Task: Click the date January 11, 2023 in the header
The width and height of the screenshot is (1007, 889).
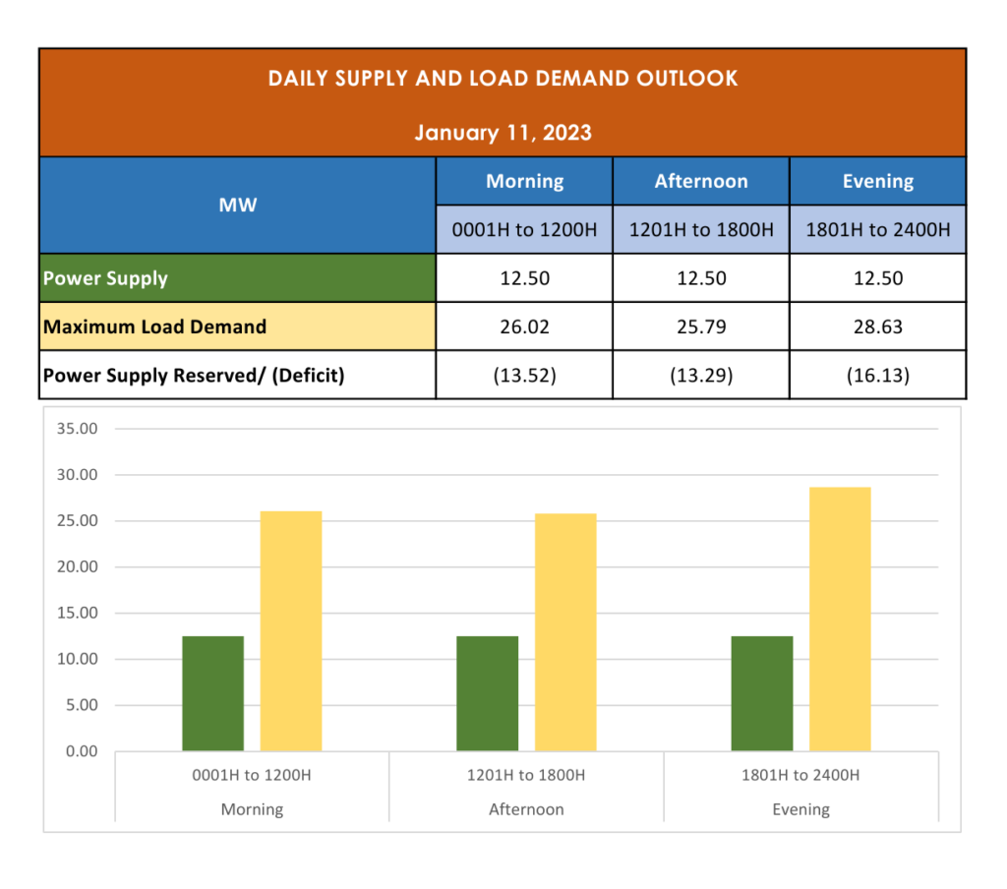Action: click(503, 132)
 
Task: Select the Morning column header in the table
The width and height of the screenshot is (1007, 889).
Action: click(524, 181)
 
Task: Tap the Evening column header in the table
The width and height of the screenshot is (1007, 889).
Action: click(877, 181)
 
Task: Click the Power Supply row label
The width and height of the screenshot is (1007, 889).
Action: click(105, 278)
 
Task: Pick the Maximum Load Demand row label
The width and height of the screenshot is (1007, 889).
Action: click(154, 326)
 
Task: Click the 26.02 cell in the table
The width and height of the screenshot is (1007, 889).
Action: click(524, 326)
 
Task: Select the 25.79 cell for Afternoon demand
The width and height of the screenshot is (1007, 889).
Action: click(701, 326)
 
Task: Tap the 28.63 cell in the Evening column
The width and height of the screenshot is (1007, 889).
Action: click(877, 326)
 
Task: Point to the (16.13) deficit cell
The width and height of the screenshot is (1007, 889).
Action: click(877, 375)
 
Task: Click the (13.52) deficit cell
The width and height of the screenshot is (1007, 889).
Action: click(524, 375)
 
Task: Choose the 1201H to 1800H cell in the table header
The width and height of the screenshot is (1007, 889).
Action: click(701, 230)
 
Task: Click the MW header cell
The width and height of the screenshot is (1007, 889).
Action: click(238, 206)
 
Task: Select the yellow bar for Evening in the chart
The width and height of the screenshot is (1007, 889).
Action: click(840, 620)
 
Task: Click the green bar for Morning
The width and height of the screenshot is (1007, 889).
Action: click(212, 693)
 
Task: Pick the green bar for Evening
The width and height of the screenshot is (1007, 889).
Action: click(762, 693)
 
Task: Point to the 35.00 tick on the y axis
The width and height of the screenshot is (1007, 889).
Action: click(78, 429)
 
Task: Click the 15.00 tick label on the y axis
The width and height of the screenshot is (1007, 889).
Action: click(78, 613)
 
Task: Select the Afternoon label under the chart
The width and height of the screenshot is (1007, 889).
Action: click(526, 809)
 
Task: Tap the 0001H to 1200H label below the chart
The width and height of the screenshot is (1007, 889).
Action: click(252, 775)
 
